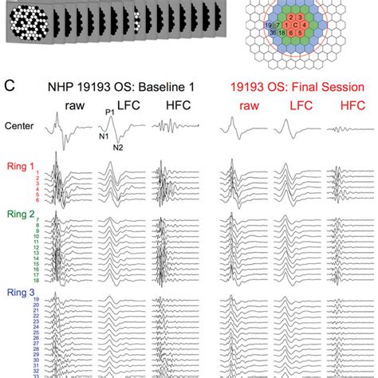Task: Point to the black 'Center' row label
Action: [19, 125]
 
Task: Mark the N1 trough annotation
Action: [103, 137]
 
